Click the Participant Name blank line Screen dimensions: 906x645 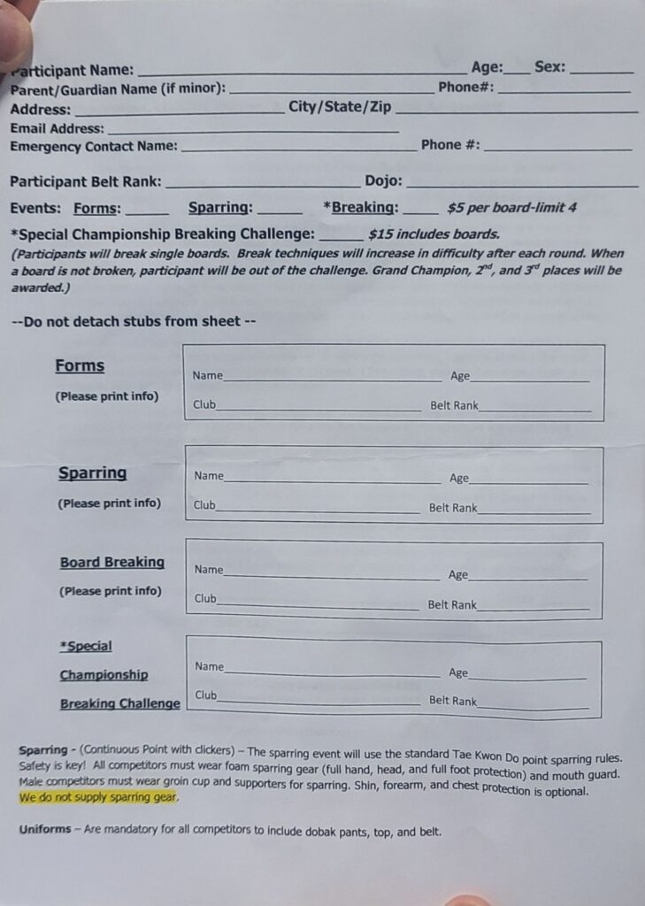pos(301,71)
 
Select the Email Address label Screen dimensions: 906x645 pos(57,128)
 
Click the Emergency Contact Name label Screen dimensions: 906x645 pos(94,146)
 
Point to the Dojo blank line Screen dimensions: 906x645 pos(522,184)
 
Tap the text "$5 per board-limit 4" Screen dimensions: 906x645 pos(512,209)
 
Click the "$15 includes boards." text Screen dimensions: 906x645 pos(434,234)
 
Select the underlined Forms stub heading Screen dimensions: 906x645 pos(80,366)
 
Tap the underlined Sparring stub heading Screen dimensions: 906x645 pos(92,473)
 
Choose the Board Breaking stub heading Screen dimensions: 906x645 pos(112,563)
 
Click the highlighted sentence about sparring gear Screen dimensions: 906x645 pos(98,797)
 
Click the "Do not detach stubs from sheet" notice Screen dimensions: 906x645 pos(134,322)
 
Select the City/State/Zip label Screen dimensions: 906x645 pos(340,107)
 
